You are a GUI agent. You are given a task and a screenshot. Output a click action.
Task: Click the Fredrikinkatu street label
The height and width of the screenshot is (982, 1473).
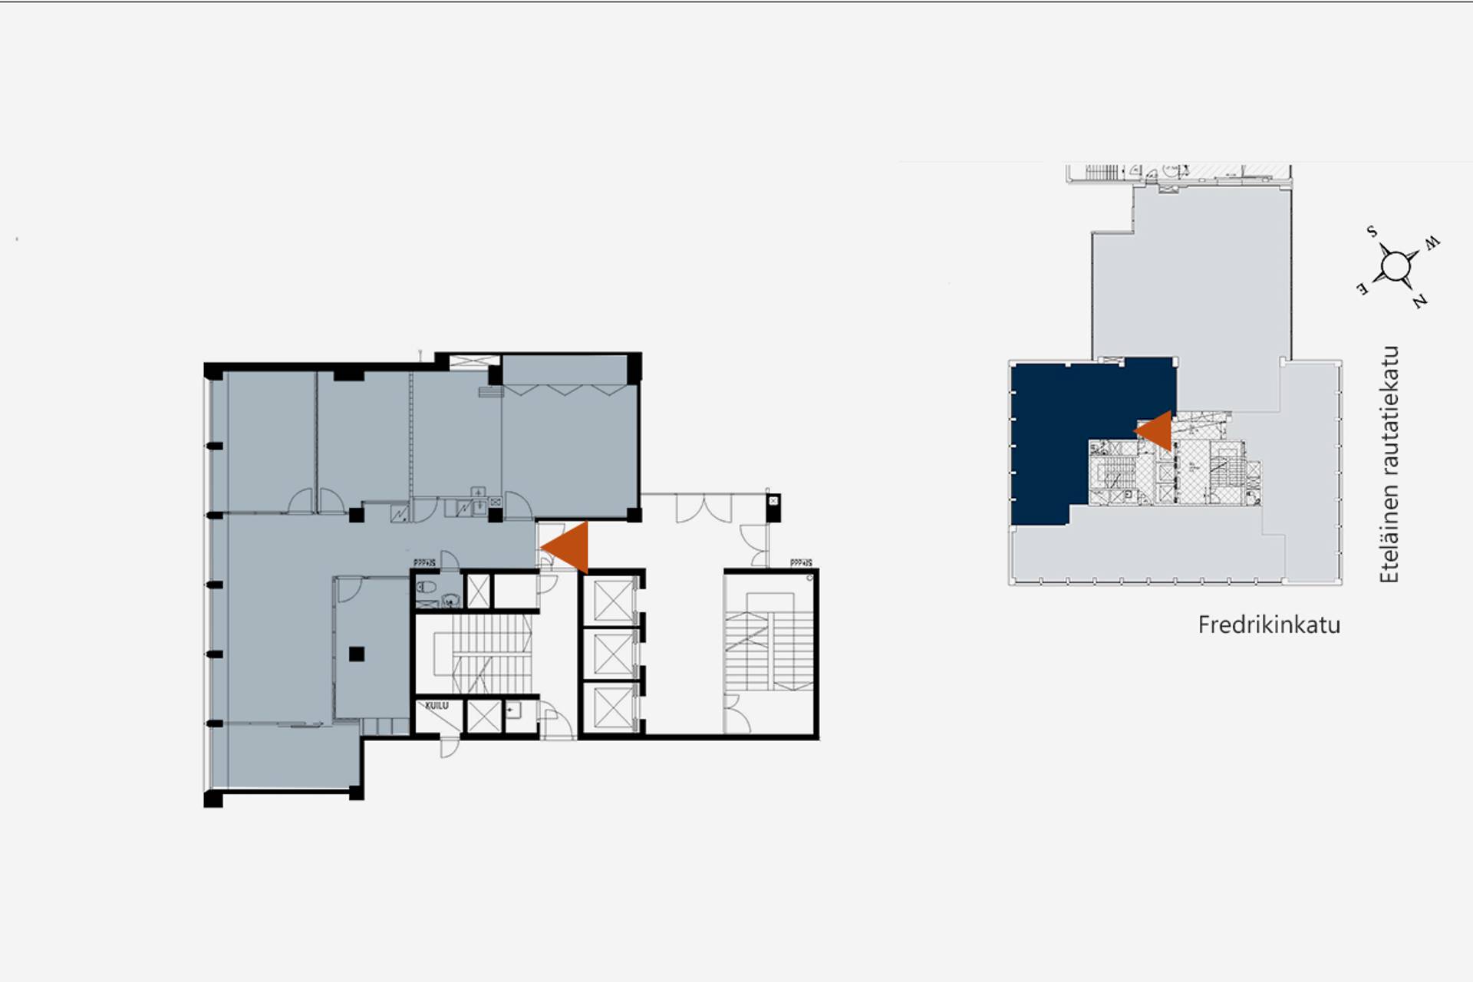pyautogui.click(x=1269, y=624)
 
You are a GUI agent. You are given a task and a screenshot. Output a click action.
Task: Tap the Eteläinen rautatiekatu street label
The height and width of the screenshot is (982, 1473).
pyautogui.click(x=1389, y=464)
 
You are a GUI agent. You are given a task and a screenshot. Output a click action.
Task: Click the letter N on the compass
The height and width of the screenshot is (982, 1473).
pyautogui.click(x=1420, y=301)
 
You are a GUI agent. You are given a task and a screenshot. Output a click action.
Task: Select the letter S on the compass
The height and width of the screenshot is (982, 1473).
pyautogui.click(x=1372, y=232)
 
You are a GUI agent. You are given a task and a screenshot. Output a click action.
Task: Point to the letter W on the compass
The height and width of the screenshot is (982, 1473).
pyautogui.click(x=1432, y=243)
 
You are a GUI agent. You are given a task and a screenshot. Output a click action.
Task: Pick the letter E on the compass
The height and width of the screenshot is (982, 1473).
pyautogui.click(x=1363, y=289)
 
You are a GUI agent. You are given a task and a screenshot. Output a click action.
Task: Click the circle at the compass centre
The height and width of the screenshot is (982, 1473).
pyautogui.click(x=1395, y=267)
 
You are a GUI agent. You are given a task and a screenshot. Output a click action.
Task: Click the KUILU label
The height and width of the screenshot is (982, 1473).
pyautogui.click(x=437, y=705)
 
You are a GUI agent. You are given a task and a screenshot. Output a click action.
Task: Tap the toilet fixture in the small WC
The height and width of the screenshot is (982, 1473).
pyautogui.click(x=427, y=588)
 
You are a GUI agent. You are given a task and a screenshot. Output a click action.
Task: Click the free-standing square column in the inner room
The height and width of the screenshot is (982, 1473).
pyautogui.click(x=356, y=654)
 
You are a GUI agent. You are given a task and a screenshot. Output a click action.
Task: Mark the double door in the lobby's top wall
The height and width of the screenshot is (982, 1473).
pyautogui.click(x=704, y=508)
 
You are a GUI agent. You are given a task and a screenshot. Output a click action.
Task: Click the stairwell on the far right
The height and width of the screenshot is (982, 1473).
pyautogui.click(x=769, y=652)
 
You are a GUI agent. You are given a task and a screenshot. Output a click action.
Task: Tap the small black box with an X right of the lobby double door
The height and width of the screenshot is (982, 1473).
pyautogui.click(x=773, y=502)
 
